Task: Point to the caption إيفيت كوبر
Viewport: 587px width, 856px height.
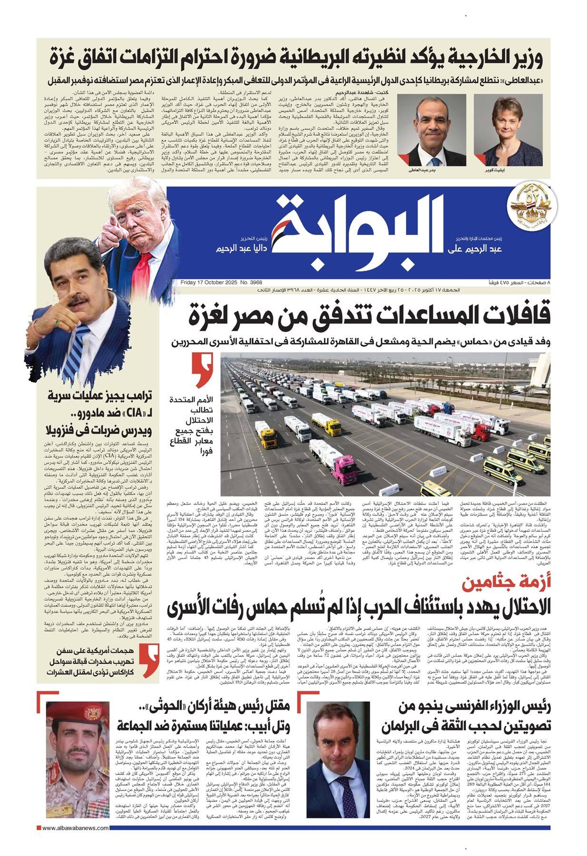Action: [508, 170]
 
